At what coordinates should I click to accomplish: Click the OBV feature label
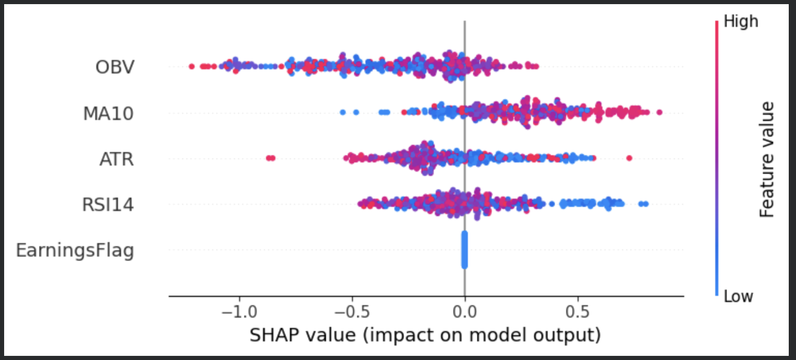pyautogui.click(x=114, y=67)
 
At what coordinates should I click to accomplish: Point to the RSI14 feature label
pyautogui.click(x=108, y=205)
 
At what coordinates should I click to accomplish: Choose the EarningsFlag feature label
pyautogui.click(x=75, y=250)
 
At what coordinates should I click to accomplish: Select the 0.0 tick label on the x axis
pyautogui.click(x=464, y=313)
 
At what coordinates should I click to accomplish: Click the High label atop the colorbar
pyautogui.click(x=740, y=22)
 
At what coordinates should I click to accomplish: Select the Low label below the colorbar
pyautogui.click(x=738, y=296)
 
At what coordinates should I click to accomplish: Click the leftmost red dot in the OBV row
pyautogui.click(x=191, y=66)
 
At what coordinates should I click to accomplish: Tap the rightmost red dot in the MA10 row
pyautogui.click(x=659, y=112)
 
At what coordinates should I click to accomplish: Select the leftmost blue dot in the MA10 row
pyautogui.click(x=342, y=112)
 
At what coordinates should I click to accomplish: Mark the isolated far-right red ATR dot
pyautogui.click(x=629, y=158)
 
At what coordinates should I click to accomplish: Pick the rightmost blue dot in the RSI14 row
pyautogui.click(x=646, y=204)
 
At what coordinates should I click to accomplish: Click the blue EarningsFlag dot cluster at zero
pyautogui.click(x=464, y=250)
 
